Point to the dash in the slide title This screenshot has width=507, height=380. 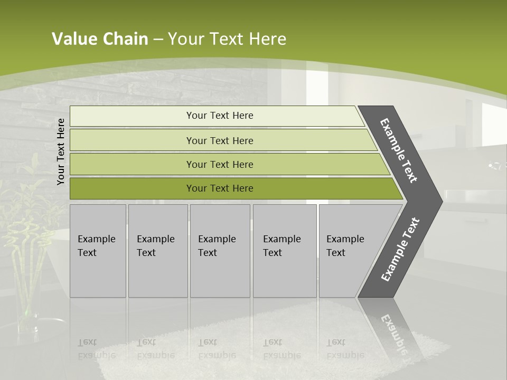pyautogui.click(x=158, y=40)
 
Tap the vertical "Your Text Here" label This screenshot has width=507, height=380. pyautogui.click(x=61, y=151)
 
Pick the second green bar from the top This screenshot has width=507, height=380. pyautogui.click(x=220, y=140)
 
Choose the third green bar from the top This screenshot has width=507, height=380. pyautogui.click(x=220, y=164)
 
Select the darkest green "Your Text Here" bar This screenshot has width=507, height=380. pyautogui.click(x=220, y=188)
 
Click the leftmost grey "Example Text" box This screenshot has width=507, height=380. pyautogui.click(x=98, y=251)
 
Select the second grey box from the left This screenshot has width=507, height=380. pyautogui.click(x=158, y=251)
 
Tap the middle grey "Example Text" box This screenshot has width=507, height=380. pyautogui.click(x=220, y=251)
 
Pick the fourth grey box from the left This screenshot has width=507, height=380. pyautogui.click(x=285, y=251)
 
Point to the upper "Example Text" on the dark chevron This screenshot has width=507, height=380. pyautogui.click(x=399, y=151)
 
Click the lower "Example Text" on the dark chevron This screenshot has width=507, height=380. pyautogui.click(x=400, y=250)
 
